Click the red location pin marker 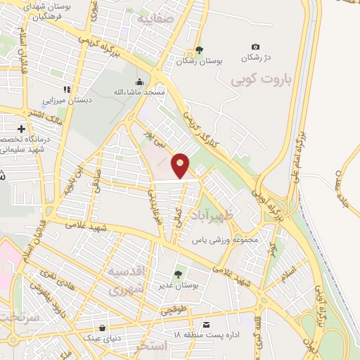pos(181,165)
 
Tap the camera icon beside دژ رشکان pos(255,46)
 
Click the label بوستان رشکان pos(200,62)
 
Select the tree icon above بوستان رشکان pos(200,50)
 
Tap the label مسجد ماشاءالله pos(139,93)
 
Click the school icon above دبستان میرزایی pos(67,89)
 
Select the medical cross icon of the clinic pos(22,129)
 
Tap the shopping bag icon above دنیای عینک pos(103,328)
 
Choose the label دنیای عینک pos(103,339)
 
